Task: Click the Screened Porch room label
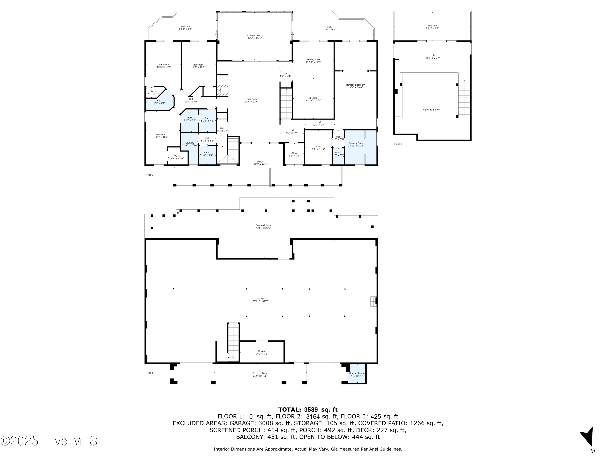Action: (254, 37)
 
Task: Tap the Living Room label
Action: (251, 100)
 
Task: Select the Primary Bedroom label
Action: (355, 86)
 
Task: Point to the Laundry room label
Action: (190, 144)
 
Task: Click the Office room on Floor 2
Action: (294, 154)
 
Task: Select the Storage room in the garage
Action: (262, 352)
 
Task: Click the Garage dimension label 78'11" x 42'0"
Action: (260, 301)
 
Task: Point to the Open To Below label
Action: (431, 110)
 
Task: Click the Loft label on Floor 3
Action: (432, 56)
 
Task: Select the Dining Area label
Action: (313, 61)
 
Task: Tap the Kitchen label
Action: (313, 99)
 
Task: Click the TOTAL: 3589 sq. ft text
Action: (308, 410)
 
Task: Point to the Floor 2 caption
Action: (149, 175)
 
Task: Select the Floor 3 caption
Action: (398, 144)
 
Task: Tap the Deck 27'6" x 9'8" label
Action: (329, 28)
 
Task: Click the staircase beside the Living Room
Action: (286, 103)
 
